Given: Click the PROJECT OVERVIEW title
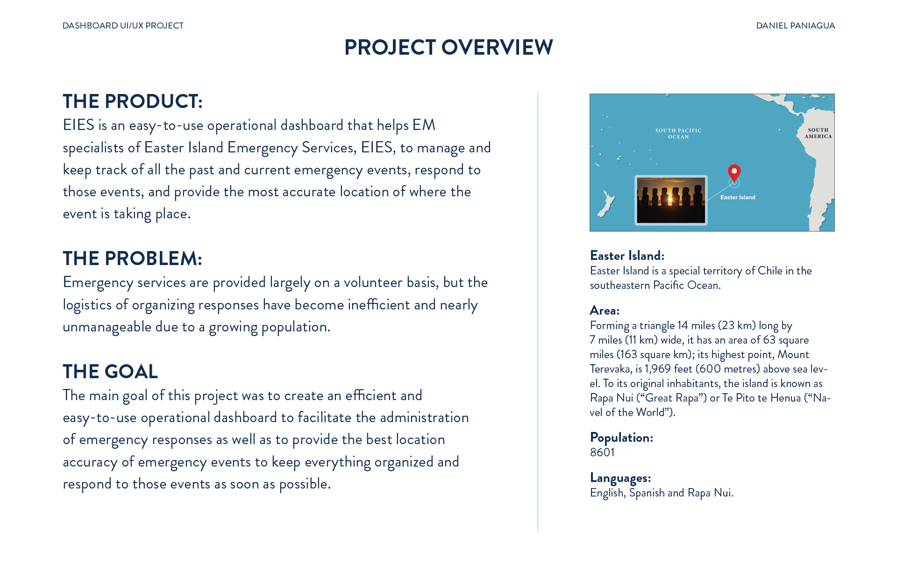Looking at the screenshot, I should pyautogui.click(x=448, y=47).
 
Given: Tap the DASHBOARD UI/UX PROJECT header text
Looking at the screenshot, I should pyautogui.click(x=123, y=26).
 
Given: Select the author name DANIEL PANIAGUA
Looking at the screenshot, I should pyautogui.click(x=795, y=26).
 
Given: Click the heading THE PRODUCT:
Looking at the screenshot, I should pyautogui.click(x=133, y=101).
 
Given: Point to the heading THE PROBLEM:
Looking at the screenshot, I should pyautogui.click(x=132, y=259).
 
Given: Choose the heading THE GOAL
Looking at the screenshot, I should pyautogui.click(x=110, y=372).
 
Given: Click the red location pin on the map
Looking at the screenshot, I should pyautogui.click(x=734, y=172).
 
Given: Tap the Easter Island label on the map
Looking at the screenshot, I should pyautogui.click(x=738, y=197).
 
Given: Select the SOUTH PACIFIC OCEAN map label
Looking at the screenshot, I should pyautogui.click(x=678, y=133).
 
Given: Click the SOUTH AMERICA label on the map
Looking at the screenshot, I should pyautogui.click(x=818, y=133).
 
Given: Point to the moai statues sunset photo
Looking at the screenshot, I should pyautogui.click(x=671, y=200).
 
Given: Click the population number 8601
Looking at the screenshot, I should pyautogui.click(x=602, y=452).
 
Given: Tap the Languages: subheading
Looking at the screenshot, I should pyautogui.click(x=620, y=478).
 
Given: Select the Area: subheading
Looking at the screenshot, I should pyautogui.click(x=605, y=310).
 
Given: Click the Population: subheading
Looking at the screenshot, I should pyautogui.click(x=621, y=438).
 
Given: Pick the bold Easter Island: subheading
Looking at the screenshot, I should pyautogui.click(x=627, y=256).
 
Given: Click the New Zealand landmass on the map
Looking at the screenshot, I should pyautogui.click(x=606, y=204).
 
